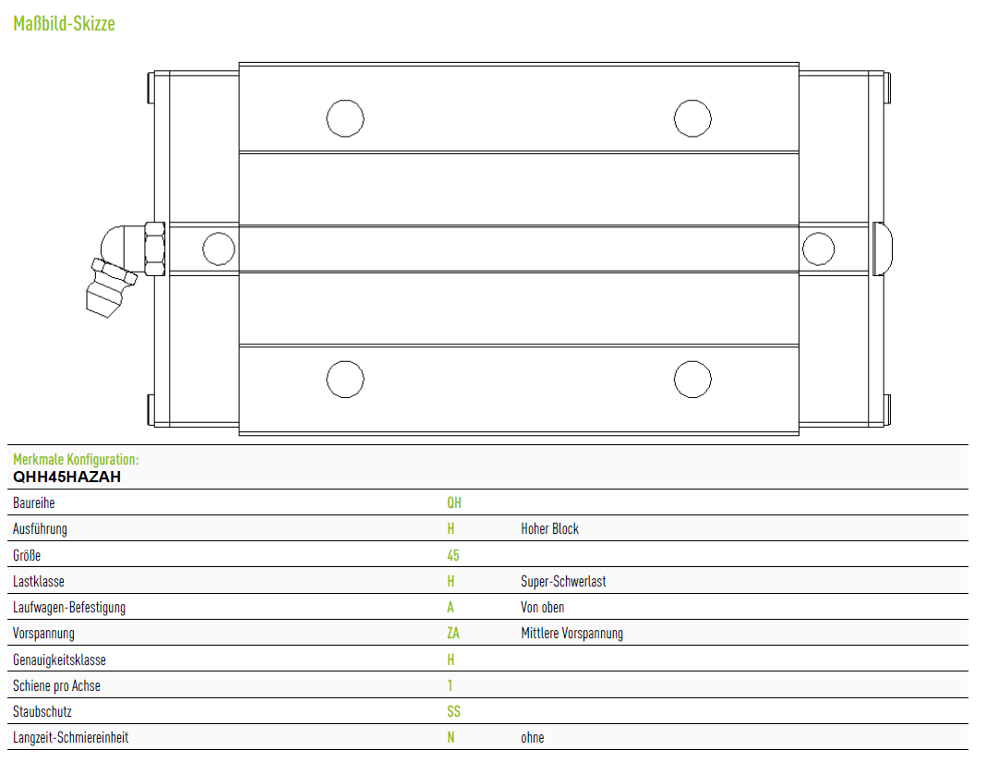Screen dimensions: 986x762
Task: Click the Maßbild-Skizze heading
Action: pos(64,24)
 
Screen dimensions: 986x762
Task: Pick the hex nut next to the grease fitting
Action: pos(155,248)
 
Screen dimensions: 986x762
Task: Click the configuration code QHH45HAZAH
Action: pos(66,477)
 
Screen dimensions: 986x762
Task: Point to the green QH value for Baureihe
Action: pos(454,502)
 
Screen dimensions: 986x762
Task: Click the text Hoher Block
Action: pos(549,529)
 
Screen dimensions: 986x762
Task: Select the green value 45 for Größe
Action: pos(453,556)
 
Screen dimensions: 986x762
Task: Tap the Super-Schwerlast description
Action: pos(563,581)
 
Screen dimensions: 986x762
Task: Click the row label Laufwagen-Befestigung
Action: pos(69,608)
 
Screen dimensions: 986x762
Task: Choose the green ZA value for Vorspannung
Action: pos(453,634)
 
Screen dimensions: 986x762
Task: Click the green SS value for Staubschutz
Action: pos(453,711)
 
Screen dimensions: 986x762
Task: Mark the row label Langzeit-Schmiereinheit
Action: pos(70,737)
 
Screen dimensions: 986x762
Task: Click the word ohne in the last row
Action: pos(533,738)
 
